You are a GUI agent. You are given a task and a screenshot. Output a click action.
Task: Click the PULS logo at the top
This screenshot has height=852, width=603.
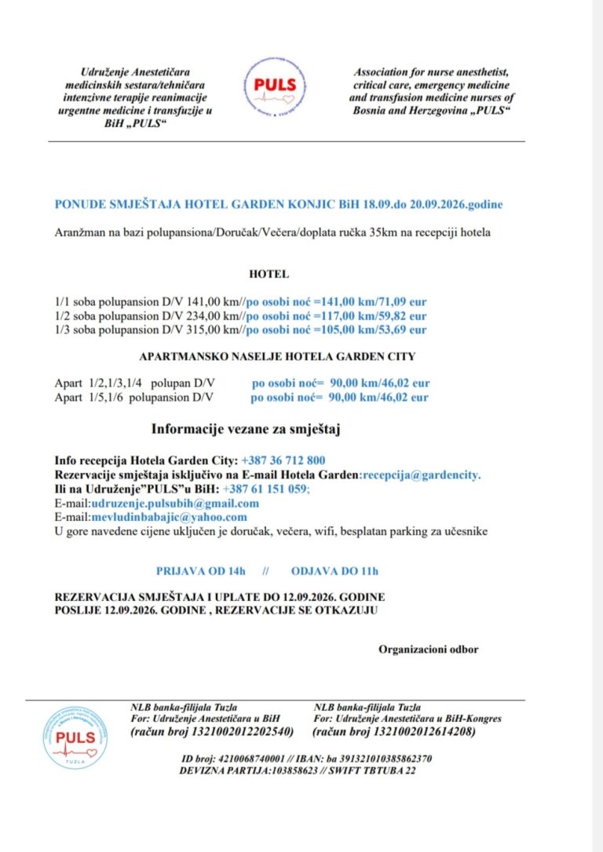pos(280,85)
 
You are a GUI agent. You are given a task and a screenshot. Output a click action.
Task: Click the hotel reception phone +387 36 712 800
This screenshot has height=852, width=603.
pos(284,460)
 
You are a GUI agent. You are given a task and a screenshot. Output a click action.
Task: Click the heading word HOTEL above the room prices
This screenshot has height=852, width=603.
pos(269,275)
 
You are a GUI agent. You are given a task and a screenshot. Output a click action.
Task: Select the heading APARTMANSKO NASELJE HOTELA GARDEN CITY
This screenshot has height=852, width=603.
pos(277,356)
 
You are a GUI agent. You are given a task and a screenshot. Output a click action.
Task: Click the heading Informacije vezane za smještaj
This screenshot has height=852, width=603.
pos(246,429)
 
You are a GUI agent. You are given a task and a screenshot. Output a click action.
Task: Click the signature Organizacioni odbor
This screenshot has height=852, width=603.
pos(428,649)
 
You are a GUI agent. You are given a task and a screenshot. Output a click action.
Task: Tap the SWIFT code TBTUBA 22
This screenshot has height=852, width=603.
pos(389,770)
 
